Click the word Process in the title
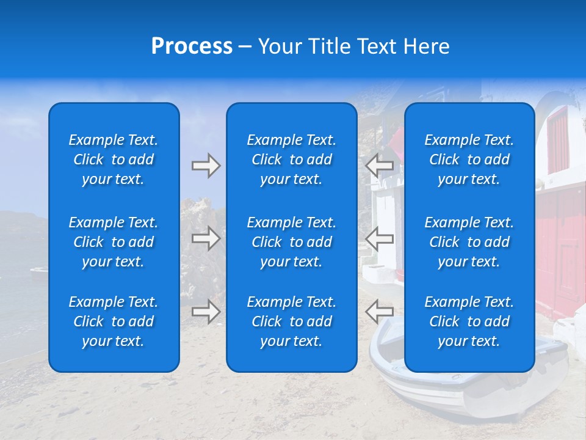192,46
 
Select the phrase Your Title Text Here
353,46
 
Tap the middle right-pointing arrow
206,238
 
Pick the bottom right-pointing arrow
206,312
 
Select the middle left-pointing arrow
379,238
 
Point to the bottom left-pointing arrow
379,312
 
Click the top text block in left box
114,159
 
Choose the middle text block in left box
114,242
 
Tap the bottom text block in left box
114,321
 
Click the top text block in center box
291,159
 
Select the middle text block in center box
291,242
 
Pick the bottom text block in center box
291,321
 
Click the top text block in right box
469,159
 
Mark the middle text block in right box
469,242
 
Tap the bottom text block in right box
469,321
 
